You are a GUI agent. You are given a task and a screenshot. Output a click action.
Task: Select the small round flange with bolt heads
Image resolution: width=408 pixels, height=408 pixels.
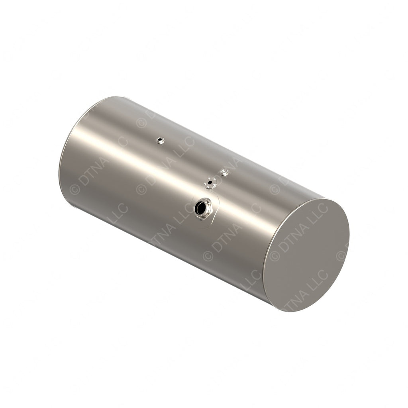pos(210,183)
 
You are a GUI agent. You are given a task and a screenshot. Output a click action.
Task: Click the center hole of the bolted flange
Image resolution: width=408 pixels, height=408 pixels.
pos(210,183)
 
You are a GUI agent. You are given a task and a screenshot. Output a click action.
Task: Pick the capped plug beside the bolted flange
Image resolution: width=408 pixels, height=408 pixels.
pos(224,173)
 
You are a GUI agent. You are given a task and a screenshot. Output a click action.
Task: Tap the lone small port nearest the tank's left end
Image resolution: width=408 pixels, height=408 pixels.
pos(160,140)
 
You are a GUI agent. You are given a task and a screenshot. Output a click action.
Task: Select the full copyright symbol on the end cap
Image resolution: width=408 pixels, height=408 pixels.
pos(275,255)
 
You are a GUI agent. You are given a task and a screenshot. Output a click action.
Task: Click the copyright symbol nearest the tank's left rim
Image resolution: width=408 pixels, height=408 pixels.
pos(75,189)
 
